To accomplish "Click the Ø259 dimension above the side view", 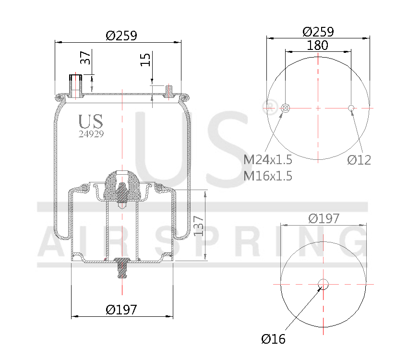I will tap(121, 36).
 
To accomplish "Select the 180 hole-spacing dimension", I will tap(317, 45).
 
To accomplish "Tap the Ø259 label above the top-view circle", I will tap(318, 32).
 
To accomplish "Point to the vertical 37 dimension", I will tap(85, 58).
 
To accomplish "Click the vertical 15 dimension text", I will tap(145, 60).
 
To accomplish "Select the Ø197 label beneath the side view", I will tap(121, 310).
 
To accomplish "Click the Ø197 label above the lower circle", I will tap(324, 218).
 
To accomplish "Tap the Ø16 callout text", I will tap(273, 339).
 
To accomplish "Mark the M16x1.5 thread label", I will tap(268, 176).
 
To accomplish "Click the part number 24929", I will tap(91, 134).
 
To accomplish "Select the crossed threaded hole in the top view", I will tap(285, 108).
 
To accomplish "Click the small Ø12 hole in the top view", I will tap(351, 108).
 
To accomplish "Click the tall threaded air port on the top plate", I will tap(75, 84).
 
